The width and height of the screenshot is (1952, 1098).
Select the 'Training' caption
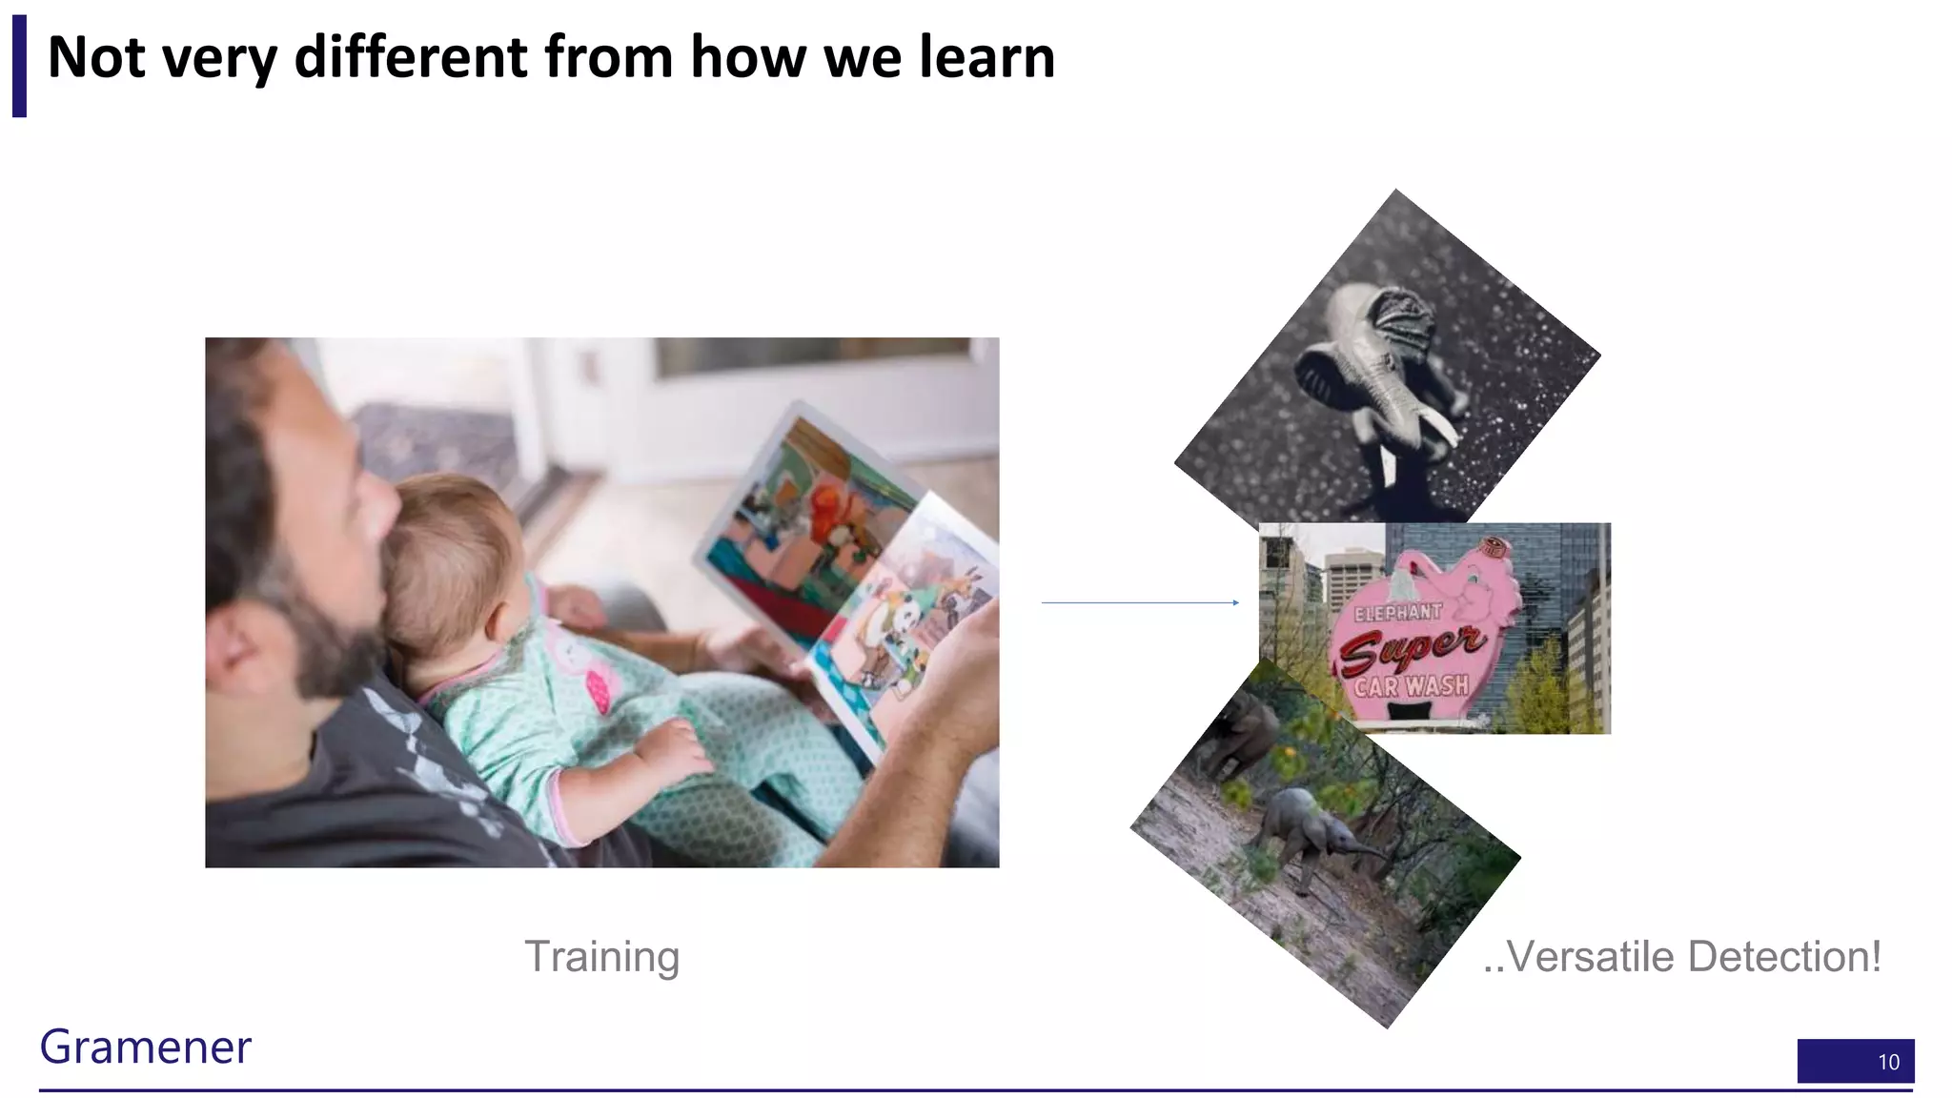pyautogui.click(x=601, y=956)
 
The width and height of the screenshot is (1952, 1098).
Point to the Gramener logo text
pyautogui.click(x=145, y=1047)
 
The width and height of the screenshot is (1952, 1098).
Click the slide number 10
pyautogui.click(x=1887, y=1062)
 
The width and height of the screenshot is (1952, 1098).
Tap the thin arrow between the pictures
pyautogui.click(x=1139, y=602)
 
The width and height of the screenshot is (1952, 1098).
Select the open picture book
pyautogui.click(x=848, y=572)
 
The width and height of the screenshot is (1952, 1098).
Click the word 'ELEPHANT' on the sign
pyautogui.click(x=1397, y=613)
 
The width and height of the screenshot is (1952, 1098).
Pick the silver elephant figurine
pyautogui.click(x=1382, y=372)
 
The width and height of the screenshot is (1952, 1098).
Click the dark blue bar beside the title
pyautogui.click(x=19, y=66)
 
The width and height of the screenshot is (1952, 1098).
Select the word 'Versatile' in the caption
pyautogui.click(x=1589, y=956)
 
